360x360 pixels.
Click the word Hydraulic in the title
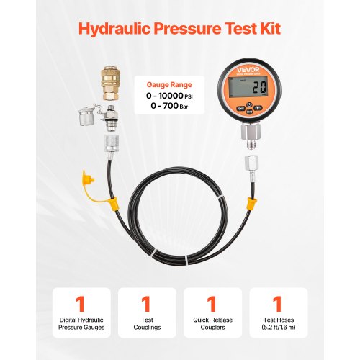[108, 30]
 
